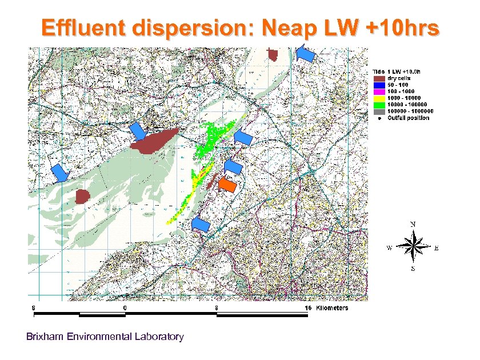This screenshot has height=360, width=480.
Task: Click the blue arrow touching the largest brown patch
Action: (x=137, y=131)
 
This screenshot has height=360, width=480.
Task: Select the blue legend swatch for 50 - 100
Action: (x=378, y=85)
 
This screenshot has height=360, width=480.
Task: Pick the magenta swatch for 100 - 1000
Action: (x=378, y=91)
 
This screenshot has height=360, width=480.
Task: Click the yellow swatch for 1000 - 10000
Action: (x=378, y=98)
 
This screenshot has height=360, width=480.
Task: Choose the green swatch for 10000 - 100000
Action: (x=378, y=105)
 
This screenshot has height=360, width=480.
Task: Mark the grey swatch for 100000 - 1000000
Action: (x=378, y=111)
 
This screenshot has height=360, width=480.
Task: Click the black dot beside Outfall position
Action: (x=378, y=118)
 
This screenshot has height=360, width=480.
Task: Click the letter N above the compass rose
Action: (x=413, y=223)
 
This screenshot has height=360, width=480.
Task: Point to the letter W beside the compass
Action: (x=390, y=248)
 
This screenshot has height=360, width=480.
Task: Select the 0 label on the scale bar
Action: (x=125, y=308)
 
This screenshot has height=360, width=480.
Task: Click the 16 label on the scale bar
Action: (x=307, y=308)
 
